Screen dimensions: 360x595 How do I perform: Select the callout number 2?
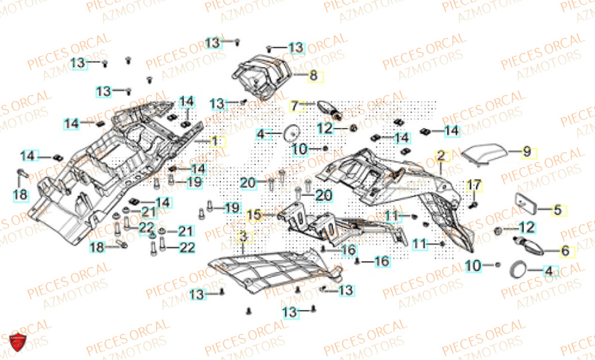[441, 156]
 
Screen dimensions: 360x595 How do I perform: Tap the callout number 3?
[243, 237]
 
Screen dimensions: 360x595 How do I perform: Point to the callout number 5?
[558, 209]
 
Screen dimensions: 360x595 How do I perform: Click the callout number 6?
[565, 251]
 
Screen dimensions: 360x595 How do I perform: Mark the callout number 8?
[314, 76]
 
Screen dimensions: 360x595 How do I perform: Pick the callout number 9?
[527, 152]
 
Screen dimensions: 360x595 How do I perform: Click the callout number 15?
[254, 214]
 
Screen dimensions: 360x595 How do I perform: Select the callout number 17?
[474, 186]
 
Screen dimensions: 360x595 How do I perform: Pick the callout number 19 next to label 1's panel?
[195, 183]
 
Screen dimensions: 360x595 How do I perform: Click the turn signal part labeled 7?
[328, 108]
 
